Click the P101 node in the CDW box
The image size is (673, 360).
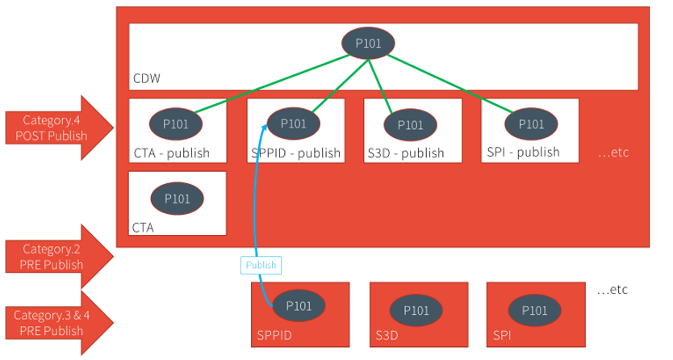(x=369, y=43)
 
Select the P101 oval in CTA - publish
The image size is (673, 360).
(x=176, y=123)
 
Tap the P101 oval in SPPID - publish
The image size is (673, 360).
(x=293, y=123)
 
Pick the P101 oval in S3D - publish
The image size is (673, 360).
(x=410, y=124)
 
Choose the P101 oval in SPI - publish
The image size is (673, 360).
(x=530, y=123)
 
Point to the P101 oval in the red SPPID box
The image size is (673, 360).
(x=299, y=306)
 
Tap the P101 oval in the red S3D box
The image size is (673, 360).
(x=416, y=310)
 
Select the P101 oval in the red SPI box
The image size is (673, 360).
(x=534, y=310)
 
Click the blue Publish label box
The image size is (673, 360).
(x=260, y=265)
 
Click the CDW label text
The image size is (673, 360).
(x=146, y=79)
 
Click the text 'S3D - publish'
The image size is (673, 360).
(x=406, y=153)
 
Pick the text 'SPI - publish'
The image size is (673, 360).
(x=523, y=152)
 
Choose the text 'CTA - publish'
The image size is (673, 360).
(x=172, y=153)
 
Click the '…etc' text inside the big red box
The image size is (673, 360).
(x=612, y=152)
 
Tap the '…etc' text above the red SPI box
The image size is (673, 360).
(x=611, y=289)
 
